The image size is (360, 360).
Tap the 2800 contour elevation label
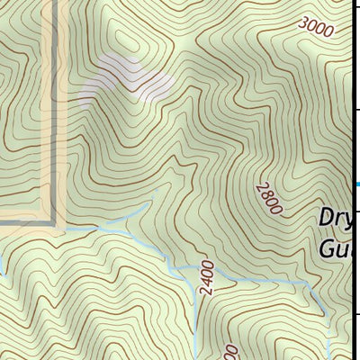[269, 197]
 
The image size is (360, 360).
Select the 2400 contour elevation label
[207, 279]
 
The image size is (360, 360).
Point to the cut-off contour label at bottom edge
[229, 351]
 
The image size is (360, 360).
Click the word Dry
[340, 219]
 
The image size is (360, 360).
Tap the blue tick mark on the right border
[357, 184]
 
